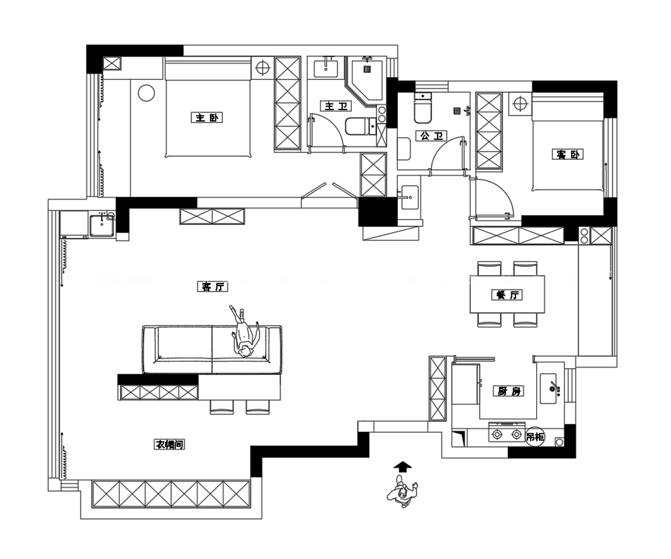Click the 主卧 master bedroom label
pos(207,118)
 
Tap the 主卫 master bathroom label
pos(336,105)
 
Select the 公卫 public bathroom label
pos(431,136)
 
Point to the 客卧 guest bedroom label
pos(568,155)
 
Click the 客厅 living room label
pos(213,286)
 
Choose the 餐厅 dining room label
pos(507,295)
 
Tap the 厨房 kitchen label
pos(509,390)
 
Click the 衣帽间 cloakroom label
pos(170,445)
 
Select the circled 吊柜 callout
pos(535,437)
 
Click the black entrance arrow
pos(402,466)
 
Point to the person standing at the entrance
pos(402,494)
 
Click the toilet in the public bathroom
pos(423,107)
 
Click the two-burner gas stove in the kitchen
pos(507,433)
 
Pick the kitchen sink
pos(549,388)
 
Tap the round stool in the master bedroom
pos(146,93)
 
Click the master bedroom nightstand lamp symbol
pos(262,68)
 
